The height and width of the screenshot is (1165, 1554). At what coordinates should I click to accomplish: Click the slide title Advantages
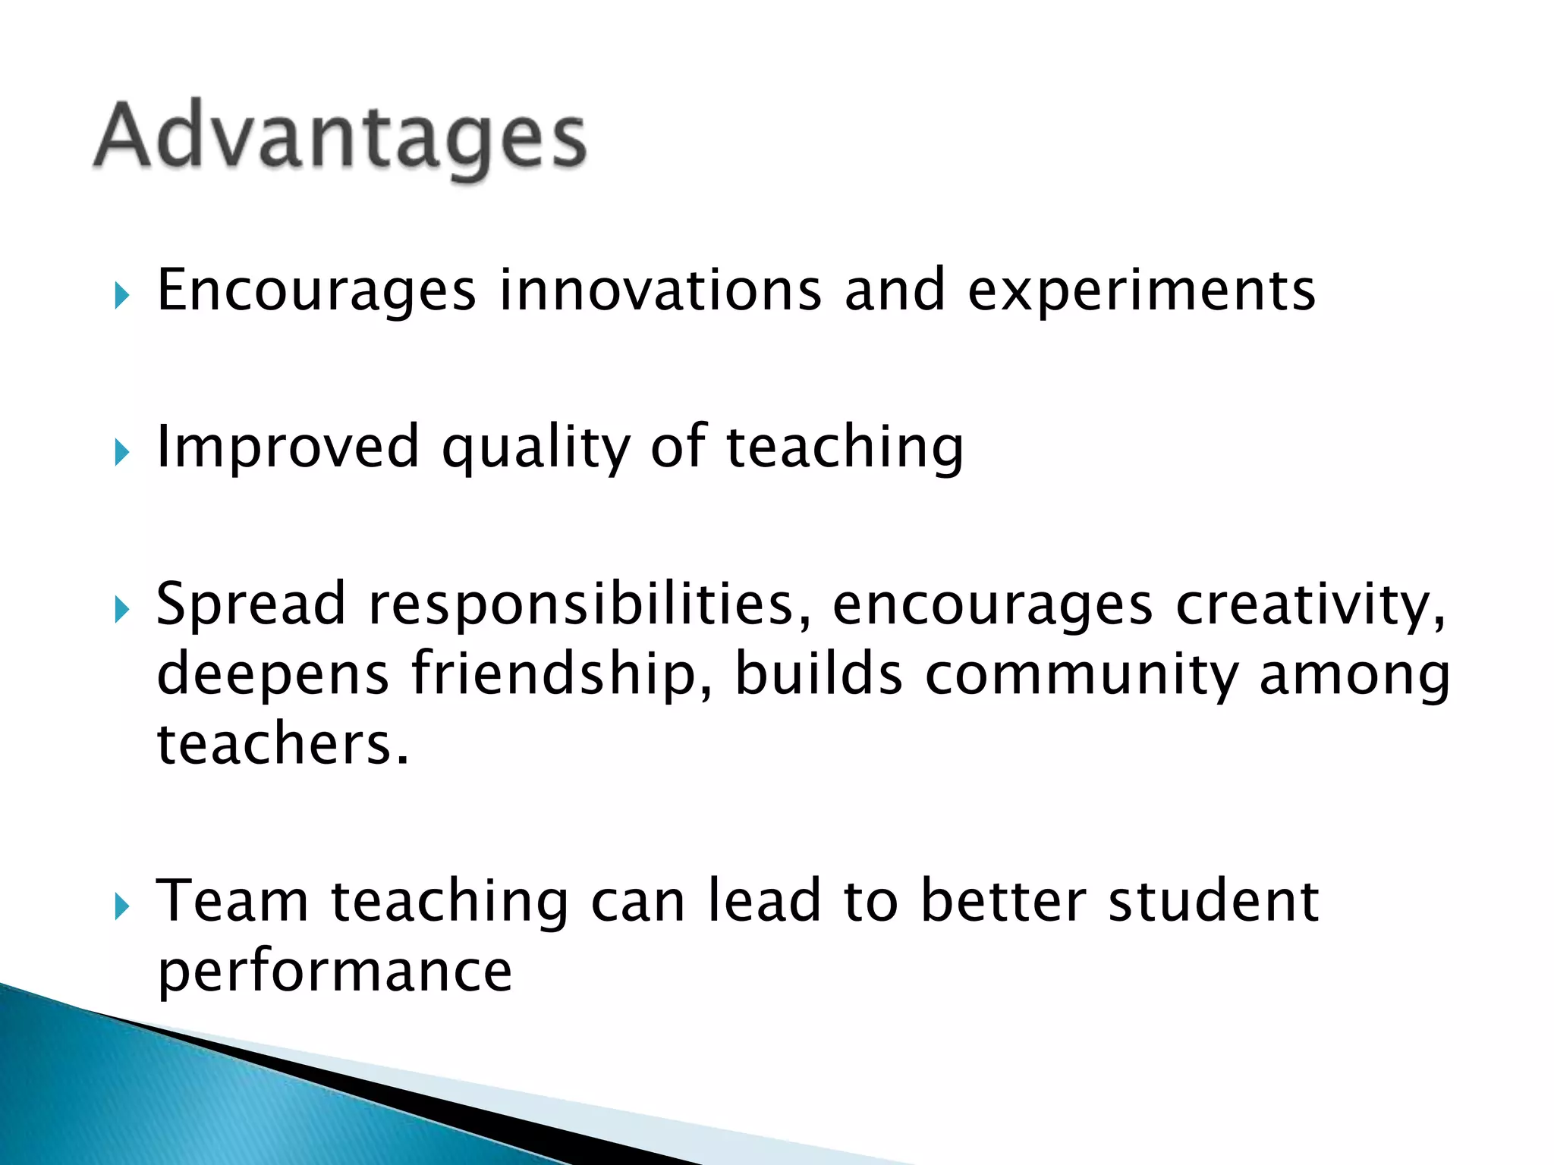pos(340,137)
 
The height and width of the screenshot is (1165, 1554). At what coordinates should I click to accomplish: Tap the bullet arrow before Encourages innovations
pos(121,296)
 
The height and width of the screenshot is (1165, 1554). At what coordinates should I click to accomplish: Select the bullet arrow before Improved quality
pos(121,453)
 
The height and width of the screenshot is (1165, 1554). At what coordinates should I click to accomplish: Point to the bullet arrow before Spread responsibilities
pos(121,609)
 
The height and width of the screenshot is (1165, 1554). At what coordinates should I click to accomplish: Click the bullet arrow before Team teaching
pos(121,906)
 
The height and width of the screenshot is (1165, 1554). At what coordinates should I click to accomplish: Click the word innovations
pos(660,290)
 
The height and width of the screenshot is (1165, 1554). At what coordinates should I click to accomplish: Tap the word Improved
pos(288,447)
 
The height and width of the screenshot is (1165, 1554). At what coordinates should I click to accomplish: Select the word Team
pos(232,900)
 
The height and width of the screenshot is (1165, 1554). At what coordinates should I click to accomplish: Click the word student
pos(1213,900)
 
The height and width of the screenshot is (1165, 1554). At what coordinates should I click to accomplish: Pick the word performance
pos(335,972)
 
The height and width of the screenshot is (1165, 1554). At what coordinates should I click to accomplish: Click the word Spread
pos(251,605)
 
